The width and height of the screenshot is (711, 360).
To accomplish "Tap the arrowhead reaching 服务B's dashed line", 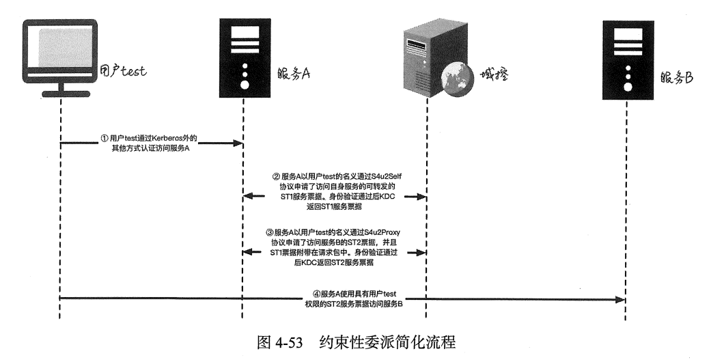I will click(x=621, y=299).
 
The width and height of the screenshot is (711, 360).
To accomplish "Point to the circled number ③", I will click(x=269, y=232).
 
